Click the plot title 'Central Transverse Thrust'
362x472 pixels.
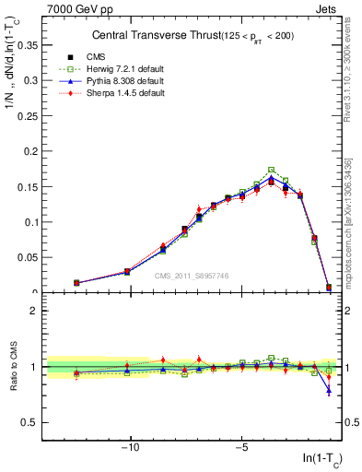coord(152,36)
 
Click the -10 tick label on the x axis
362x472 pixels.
coord(130,449)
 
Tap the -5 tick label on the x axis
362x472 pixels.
coord(241,449)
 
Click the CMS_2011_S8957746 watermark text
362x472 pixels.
coord(192,276)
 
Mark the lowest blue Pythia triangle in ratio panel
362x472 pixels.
coord(329,391)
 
